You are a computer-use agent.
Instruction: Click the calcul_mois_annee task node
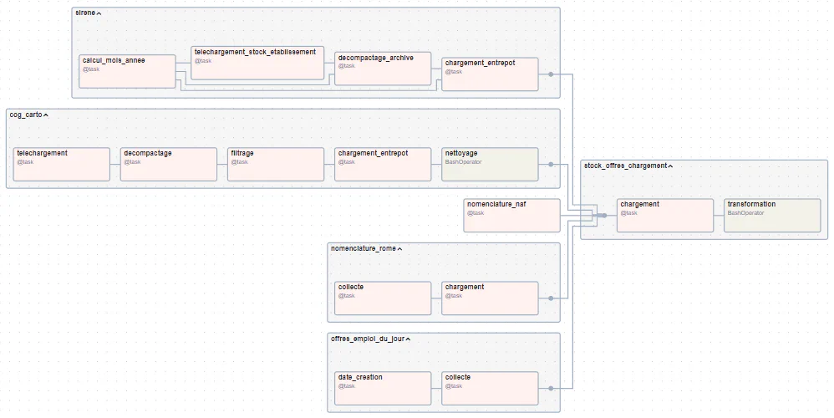[x=128, y=71]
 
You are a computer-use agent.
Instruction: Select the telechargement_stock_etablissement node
[x=257, y=63]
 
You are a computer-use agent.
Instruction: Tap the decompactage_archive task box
[x=383, y=69]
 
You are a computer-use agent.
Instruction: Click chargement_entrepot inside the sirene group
[x=490, y=74]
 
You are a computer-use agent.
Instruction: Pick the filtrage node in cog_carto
[x=276, y=164]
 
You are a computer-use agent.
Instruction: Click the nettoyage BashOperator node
[x=490, y=164]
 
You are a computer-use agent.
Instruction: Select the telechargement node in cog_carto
[x=62, y=164]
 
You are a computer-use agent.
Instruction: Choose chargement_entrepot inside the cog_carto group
[x=383, y=164]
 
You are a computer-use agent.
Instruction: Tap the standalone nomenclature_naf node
[x=511, y=215]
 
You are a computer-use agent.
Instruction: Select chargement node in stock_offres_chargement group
[x=665, y=215]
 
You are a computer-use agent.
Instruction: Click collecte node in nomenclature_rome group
[x=383, y=298]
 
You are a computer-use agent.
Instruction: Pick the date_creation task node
[x=383, y=388]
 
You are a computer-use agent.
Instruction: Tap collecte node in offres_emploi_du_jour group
[x=490, y=388]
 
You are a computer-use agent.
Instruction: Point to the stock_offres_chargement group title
[x=625, y=166]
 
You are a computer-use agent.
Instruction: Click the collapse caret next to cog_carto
[x=47, y=115]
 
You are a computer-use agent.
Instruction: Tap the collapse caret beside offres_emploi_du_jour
[x=408, y=339]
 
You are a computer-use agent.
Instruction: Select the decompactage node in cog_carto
[x=169, y=164]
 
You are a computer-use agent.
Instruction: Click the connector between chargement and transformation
[x=719, y=215]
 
